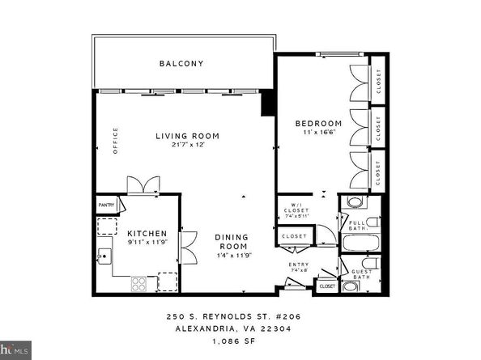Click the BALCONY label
[x=181, y=63]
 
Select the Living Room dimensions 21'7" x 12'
[x=187, y=146]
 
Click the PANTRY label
[x=108, y=205]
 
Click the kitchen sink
[x=103, y=258]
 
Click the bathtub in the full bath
[x=358, y=244]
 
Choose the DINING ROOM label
[x=231, y=241]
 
